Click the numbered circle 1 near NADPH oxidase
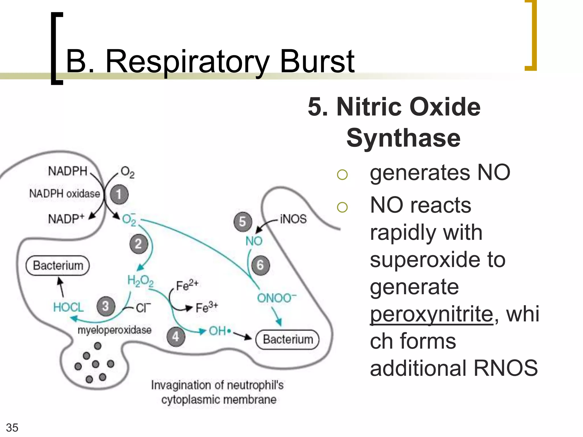[x=119, y=195]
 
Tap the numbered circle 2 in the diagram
[x=139, y=244]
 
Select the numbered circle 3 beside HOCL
[x=106, y=306]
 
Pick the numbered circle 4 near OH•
[x=176, y=337]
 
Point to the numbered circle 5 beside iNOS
[x=243, y=222]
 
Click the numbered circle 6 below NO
[x=260, y=265]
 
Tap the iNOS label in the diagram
[x=293, y=219]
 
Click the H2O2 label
[x=140, y=281]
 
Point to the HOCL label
[x=68, y=307]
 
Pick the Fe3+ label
[x=207, y=307]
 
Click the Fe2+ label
[x=187, y=285]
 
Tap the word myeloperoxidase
[x=114, y=330]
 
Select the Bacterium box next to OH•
[x=288, y=339]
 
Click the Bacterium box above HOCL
[x=58, y=266]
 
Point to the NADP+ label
[x=66, y=219]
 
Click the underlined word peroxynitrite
[x=431, y=314]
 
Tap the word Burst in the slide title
[x=317, y=61]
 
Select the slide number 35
[x=12, y=428]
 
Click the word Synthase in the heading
[x=403, y=138]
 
